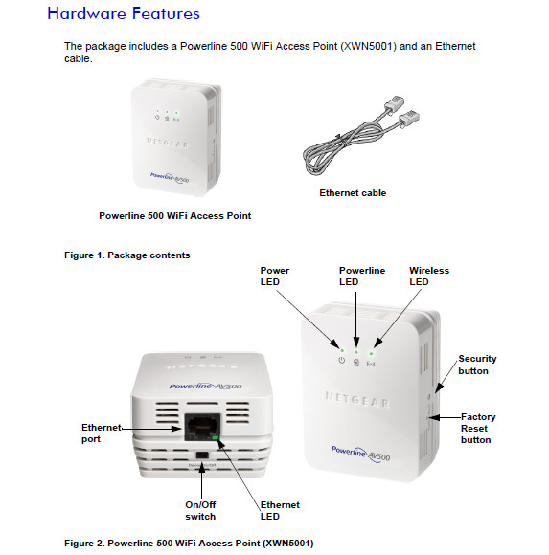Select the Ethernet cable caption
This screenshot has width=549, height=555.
pos(353,192)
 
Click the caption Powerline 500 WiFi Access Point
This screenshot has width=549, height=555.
pos(175,215)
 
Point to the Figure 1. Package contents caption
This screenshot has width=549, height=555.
pos(127,255)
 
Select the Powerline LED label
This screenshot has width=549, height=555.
pos(362,277)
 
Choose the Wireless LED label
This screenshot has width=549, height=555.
pos(428,277)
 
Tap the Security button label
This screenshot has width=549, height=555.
pos(477,365)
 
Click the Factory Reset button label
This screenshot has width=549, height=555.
pos(477,428)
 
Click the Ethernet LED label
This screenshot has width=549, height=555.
pos(280,510)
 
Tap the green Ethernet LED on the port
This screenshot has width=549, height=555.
pos(217,440)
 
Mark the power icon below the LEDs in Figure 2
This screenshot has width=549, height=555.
pos(340,361)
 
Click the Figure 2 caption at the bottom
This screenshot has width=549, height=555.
pos(189,543)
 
